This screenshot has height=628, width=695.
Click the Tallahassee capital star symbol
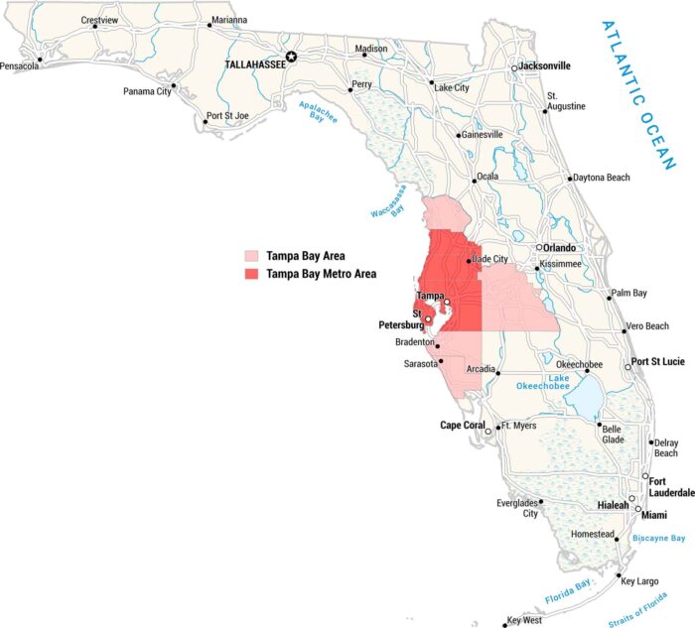[292, 58]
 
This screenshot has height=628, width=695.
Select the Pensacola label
[20, 66]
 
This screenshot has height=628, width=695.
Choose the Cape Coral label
[463, 426]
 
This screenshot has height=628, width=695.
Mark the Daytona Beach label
[602, 178]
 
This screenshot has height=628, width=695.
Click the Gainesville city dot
[459, 136]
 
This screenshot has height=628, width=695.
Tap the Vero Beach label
[648, 326]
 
